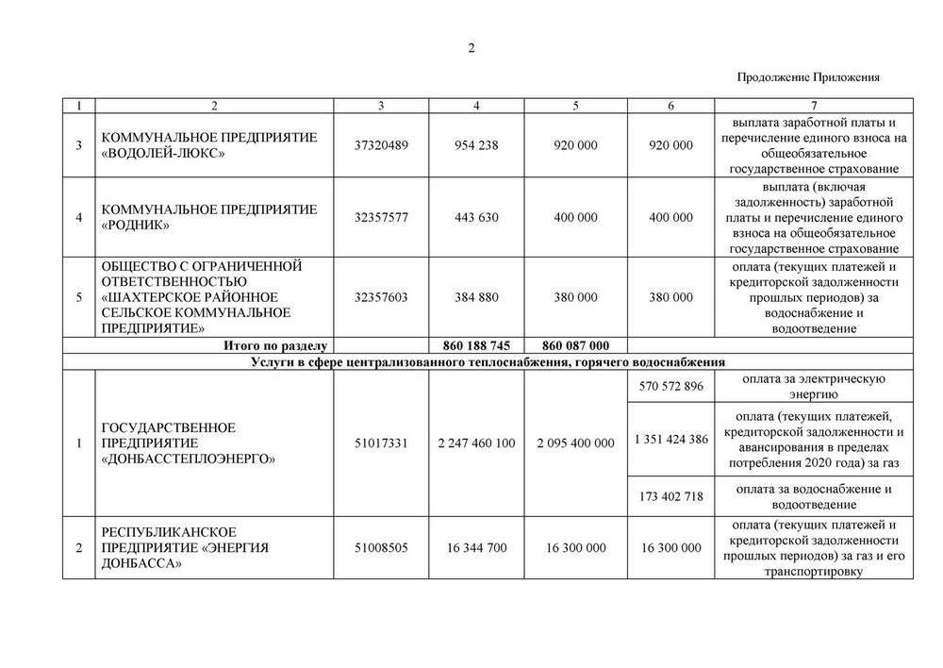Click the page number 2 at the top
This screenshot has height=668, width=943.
pos(471,49)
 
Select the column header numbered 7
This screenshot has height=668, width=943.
pos(813,104)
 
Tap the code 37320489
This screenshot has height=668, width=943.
pos(381,145)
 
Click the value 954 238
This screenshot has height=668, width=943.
pos(476,145)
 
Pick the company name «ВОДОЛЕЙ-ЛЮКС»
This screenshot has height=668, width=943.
pos(164,154)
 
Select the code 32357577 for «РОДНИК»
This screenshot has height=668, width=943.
pos(381,217)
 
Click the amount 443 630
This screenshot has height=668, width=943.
pos(476,217)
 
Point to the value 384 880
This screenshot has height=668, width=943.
pos(476,297)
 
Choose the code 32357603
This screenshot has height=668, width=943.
pos(381,297)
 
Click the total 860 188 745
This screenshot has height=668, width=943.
pos(476,346)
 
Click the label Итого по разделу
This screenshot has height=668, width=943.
pos(273,346)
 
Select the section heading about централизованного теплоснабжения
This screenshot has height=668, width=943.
pos(488,361)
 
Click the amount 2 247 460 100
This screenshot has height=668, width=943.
pos(476,443)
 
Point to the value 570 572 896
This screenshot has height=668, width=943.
pos(670,387)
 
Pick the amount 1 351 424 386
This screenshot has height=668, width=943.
pos(670,440)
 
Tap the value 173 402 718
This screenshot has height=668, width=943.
pos(670,496)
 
